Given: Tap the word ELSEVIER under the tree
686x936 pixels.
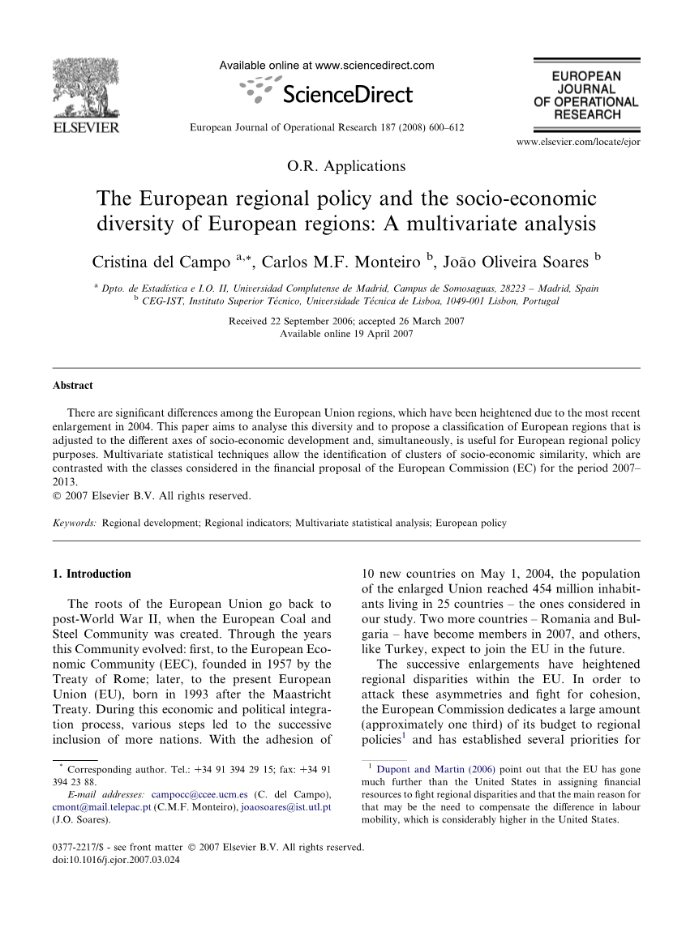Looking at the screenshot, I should tap(85, 127).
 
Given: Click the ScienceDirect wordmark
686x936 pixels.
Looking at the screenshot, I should tap(347, 95).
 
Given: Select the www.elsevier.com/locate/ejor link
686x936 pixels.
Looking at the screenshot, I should tap(577, 143).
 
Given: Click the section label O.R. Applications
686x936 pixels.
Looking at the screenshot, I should tap(346, 166).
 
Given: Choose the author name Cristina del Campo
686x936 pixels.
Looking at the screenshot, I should tap(161, 263).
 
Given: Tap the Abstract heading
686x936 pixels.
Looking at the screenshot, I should tap(73, 386).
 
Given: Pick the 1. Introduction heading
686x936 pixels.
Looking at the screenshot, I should tap(91, 574).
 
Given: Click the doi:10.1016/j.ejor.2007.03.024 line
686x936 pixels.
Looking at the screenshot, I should tap(116, 860).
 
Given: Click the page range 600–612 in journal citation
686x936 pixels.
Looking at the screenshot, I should tap(447, 128).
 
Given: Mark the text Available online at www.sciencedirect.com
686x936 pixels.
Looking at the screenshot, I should tap(327, 66).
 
